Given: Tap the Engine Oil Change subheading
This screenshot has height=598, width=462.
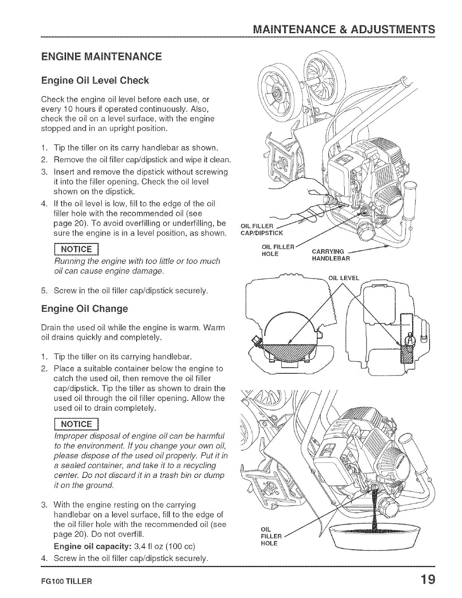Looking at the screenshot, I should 85,309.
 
